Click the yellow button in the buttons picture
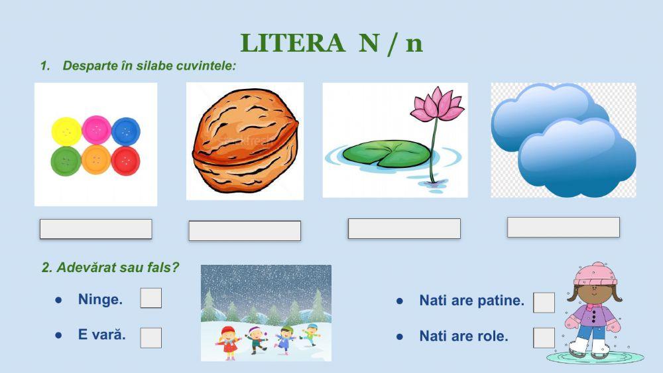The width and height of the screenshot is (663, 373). (66, 131)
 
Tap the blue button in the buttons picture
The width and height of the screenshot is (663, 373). (125, 131)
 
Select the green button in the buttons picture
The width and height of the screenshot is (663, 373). (66, 160)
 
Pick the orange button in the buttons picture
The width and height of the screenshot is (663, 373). (96, 159)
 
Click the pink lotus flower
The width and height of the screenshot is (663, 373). (437, 105)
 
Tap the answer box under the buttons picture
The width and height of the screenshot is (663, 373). (95, 229)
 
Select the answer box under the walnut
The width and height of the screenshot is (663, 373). (245, 231)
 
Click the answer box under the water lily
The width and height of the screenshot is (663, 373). (404, 228)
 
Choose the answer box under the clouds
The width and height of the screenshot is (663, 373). (563, 227)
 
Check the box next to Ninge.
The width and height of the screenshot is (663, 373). (151, 298)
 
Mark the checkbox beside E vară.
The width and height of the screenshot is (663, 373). (151, 337)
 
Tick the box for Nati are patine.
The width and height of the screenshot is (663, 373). (544, 303)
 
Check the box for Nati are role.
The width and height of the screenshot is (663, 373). (544, 337)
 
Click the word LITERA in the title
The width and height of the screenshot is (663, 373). (292, 44)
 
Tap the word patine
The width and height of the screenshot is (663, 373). (501, 301)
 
